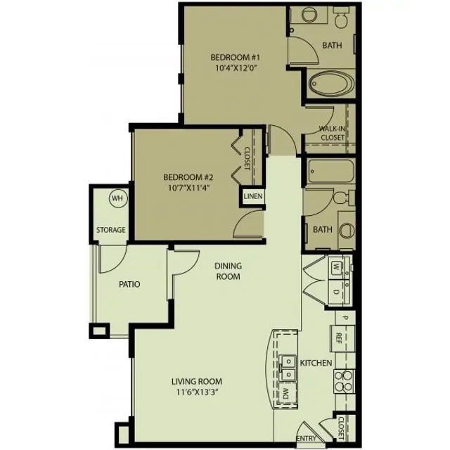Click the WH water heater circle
(117, 199)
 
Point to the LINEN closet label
(252, 197)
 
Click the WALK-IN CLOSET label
(331, 134)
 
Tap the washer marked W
(337, 267)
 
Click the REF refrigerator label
(339, 337)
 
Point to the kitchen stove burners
(342, 380)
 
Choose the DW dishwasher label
(287, 393)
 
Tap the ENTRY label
(306, 439)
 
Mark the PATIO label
(129, 285)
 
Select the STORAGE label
(111, 230)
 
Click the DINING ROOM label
(228, 271)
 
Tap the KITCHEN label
(316, 364)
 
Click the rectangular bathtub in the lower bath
(329, 172)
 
